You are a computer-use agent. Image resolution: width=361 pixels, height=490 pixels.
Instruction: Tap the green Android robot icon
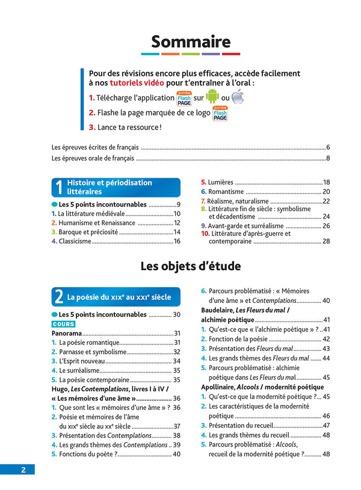[212, 96]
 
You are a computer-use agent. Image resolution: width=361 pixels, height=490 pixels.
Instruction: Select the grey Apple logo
[238, 96]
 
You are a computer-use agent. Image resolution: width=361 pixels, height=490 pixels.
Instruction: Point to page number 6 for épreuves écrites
[327, 147]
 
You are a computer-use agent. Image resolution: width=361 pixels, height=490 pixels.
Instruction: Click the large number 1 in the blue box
[58, 187]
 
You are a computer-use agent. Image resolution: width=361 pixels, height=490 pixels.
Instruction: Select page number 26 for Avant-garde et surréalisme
[326, 225]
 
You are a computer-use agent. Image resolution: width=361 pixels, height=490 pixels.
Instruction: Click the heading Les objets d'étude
[191, 266]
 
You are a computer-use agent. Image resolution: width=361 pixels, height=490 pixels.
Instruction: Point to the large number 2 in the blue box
[58, 297]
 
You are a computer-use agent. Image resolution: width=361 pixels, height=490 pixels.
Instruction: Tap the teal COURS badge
[63, 324]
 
